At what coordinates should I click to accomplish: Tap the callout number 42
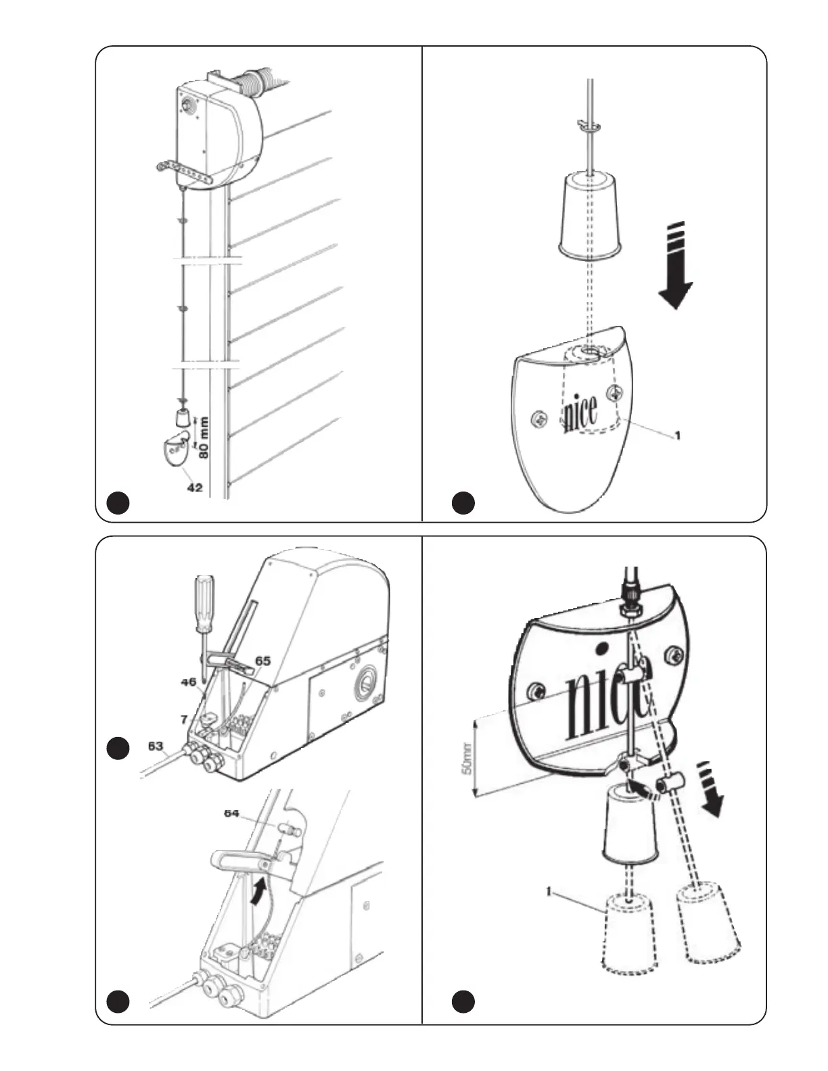click(x=194, y=487)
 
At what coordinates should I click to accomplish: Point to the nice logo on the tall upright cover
click(x=580, y=412)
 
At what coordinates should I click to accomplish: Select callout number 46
click(x=188, y=683)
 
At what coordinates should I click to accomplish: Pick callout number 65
click(x=262, y=660)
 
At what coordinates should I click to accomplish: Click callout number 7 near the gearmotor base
click(x=183, y=719)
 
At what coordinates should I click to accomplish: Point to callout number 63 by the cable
click(x=156, y=746)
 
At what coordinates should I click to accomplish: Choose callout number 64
click(x=231, y=813)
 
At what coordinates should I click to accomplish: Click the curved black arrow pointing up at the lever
click(x=257, y=890)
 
